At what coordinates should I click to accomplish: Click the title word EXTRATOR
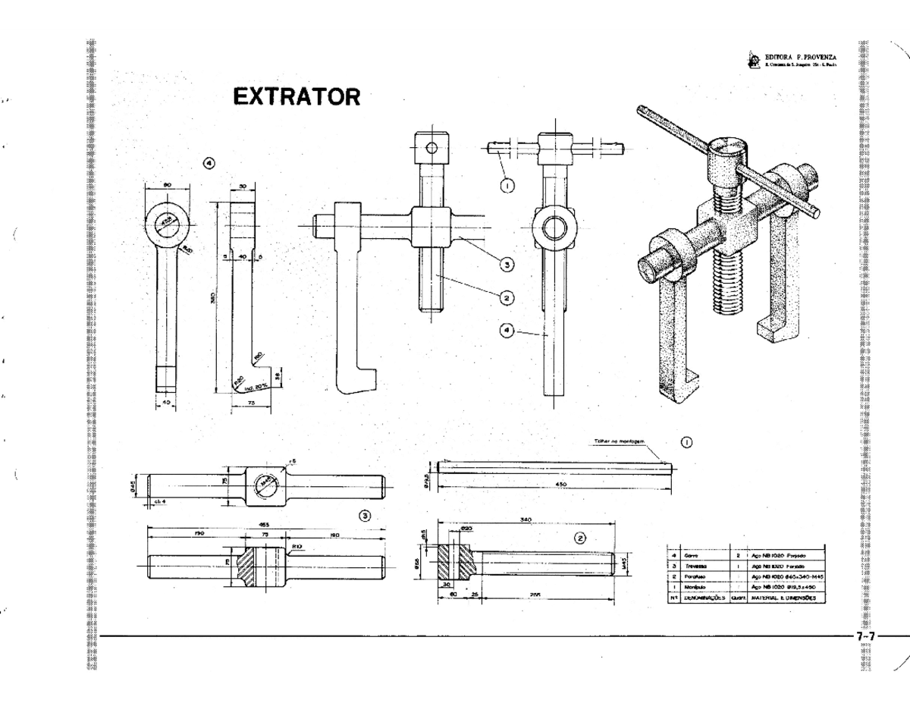[x=296, y=98]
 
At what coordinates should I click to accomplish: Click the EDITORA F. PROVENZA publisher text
[x=801, y=57]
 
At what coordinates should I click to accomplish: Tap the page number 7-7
[x=865, y=636]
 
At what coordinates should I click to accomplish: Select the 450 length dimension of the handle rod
[x=562, y=483]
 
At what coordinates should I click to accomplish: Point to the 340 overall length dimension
[x=526, y=519]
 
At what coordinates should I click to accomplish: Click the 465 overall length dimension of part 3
[x=264, y=524]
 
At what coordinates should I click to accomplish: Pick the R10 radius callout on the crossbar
[x=298, y=545]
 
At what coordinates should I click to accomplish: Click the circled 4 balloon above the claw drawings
[x=209, y=163]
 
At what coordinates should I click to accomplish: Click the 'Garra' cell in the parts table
[x=692, y=556]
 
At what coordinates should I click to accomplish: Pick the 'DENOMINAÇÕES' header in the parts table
[x=704, y=597]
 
